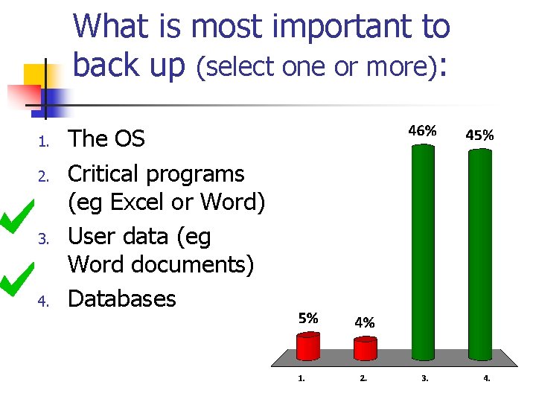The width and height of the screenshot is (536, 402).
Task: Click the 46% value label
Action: pos(421,130)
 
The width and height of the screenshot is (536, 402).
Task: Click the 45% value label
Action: pos(479,135)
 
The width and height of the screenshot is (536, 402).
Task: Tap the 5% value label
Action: pos(308,318)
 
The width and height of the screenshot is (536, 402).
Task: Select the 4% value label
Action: pos(364,323)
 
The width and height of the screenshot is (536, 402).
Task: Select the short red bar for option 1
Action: pos(307,346)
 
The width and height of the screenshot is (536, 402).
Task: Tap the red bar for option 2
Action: pos(365,348)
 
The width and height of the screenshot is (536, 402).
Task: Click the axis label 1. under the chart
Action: pos(301,378)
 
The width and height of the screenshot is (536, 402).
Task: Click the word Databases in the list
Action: pos(121,299)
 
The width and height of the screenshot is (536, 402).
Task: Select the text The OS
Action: pos(106,139)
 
